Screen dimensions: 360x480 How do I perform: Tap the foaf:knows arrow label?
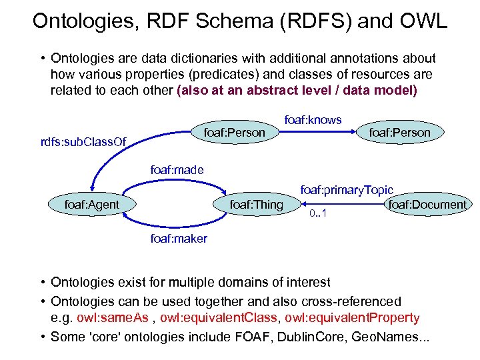click(x=313, y=120)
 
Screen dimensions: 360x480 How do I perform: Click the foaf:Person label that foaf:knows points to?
click(x=400, y=132)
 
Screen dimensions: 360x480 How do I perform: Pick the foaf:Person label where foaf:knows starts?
click(x=235, y=132)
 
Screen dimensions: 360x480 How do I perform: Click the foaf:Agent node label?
click(x=91, y=204)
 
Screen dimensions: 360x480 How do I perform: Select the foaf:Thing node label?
click(x=256, y=204)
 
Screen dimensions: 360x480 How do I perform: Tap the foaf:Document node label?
click(x=427, y=204)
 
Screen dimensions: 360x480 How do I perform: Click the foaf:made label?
click(x=177, y=170)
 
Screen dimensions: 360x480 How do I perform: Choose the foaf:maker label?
click(x=179, y=238)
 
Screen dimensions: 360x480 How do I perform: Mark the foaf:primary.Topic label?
click(x=347, y=191)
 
